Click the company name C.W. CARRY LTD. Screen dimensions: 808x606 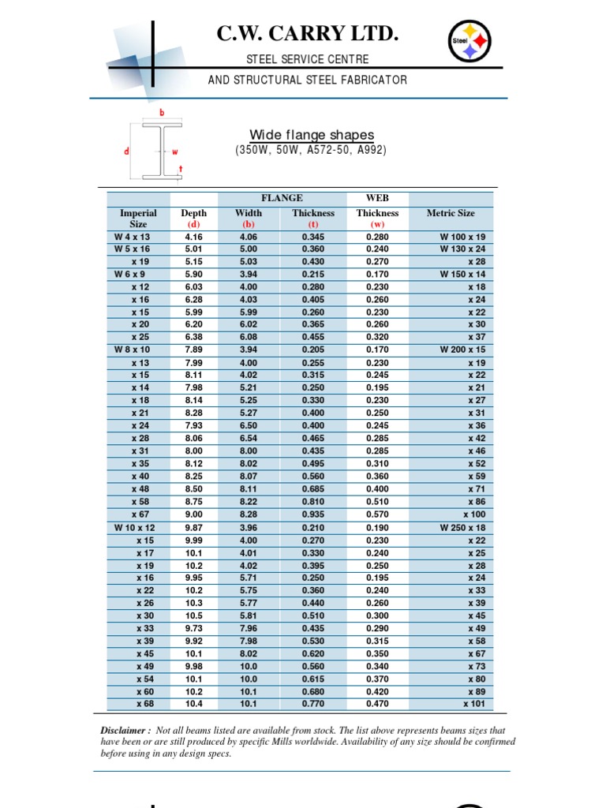pos(307,34)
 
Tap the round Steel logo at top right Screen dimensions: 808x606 pos(469,40)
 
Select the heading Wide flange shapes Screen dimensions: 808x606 pos(312,135)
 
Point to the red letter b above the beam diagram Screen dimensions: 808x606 pos(163,113)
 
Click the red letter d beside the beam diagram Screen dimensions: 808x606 pos(126,151)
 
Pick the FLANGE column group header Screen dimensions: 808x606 pos(282,198)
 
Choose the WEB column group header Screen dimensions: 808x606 pos(377,198)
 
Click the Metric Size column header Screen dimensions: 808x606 pos(451,213)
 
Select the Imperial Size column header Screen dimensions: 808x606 pos(138,219)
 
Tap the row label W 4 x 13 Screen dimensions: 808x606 pos(132,237)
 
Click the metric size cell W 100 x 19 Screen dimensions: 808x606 pos(462,237)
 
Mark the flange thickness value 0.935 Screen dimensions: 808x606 pos(313,514)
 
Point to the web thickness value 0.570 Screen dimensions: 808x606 pos(377,514)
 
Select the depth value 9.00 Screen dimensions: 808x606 pos(193,514)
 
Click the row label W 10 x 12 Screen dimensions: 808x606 pos(135,527)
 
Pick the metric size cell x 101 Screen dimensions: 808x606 pos(474,704)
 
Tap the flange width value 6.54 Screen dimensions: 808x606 pos(249,439)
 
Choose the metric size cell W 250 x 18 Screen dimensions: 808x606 pos(462,527)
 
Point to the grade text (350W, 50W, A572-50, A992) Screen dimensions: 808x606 pos(311,150)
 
